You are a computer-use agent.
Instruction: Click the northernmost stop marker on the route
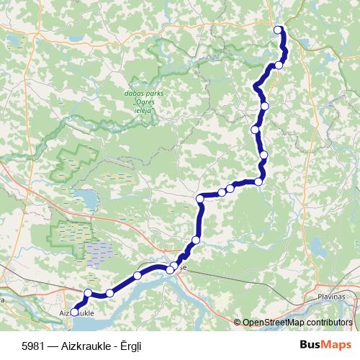pyautogui.click(x=279, y=30)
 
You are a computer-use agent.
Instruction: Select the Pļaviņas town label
pyautogui.click(x=333, y=296)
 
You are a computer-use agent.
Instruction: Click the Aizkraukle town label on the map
pyautogui.click(x=76, y=314)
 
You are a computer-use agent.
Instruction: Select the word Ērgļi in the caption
pyautogui.click(x=131, y=344)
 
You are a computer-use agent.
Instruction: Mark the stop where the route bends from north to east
pyautogui.click(x=201, y=198)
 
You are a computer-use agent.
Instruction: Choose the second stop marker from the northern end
pyautogui.click(x=279, y=66)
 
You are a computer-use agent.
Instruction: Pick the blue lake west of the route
pyautogui.click(x=85, y=199)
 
